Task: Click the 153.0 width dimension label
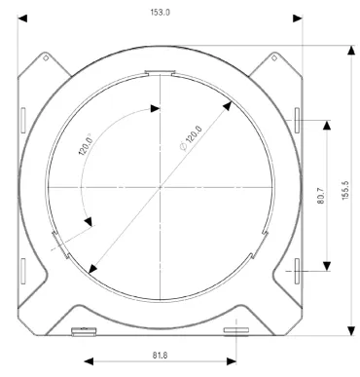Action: (160, 13)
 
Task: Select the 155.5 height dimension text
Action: (345, 190)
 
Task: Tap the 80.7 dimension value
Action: (320, 196)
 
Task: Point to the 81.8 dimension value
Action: (160, 356)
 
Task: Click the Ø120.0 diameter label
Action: (191, 138)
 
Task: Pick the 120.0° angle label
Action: (86, 144)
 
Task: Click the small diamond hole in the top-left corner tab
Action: (46, 58)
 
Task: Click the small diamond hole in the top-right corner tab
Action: (274, 58)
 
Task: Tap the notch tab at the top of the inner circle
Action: (160, 73)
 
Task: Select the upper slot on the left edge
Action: (23, 121)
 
